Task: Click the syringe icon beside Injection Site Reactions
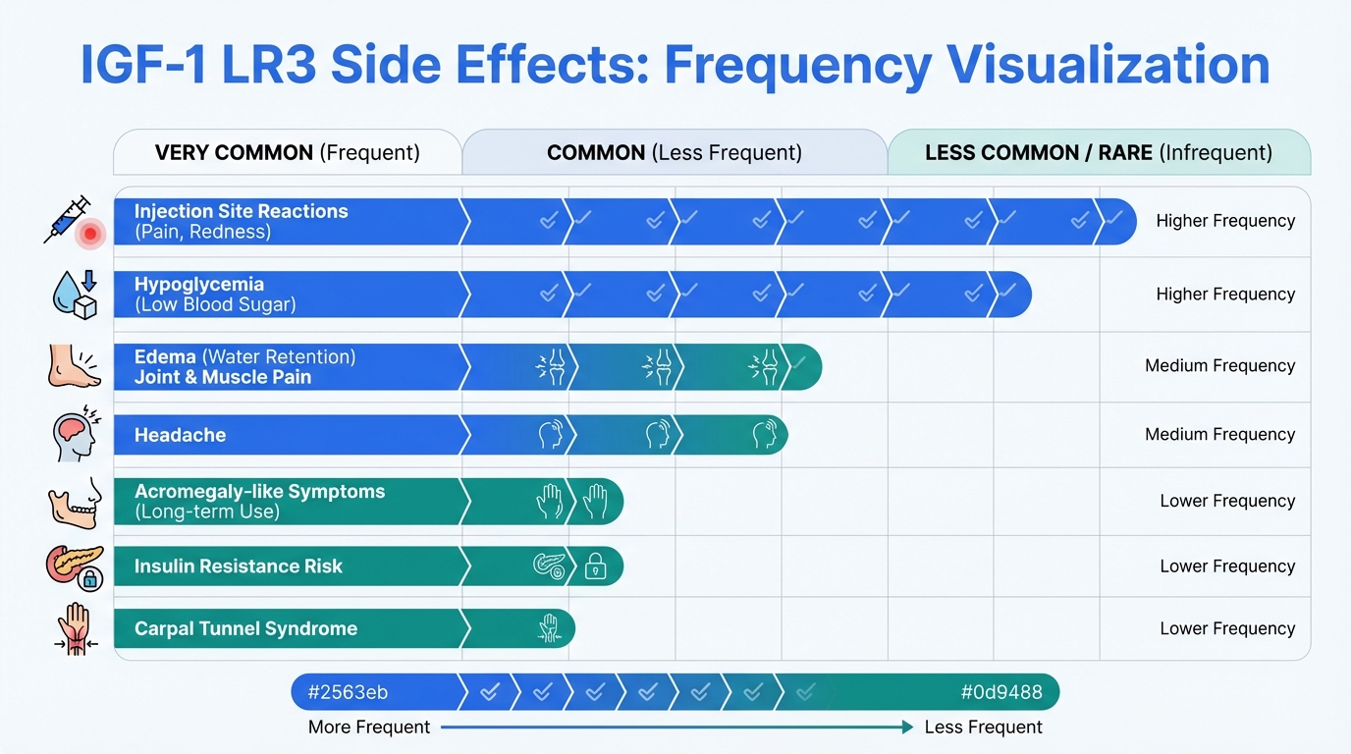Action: click(69, 219)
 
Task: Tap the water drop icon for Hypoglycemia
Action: click(75, 293)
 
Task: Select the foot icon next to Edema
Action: click(73, 365)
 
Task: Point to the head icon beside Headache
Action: click(73, 433)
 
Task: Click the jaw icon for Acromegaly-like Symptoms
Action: click(75, 502)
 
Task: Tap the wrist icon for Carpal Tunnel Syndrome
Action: click(75, 629)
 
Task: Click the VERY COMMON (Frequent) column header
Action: click(287, 153)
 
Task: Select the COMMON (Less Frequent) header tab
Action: click(674, 153)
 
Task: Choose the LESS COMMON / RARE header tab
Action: click(1098, 153)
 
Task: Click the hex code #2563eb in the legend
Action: click(348, 692)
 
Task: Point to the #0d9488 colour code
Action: click(1000, 692)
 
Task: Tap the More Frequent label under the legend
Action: click(369, 727)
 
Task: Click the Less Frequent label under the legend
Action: click(983, 727)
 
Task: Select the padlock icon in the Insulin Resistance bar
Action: click(595, 566)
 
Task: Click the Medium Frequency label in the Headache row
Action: click(1219, 434)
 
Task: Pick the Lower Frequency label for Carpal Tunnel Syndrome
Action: click(1227, 628)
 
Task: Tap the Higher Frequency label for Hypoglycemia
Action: click(1225, 294)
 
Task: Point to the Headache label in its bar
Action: click(180, 435)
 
